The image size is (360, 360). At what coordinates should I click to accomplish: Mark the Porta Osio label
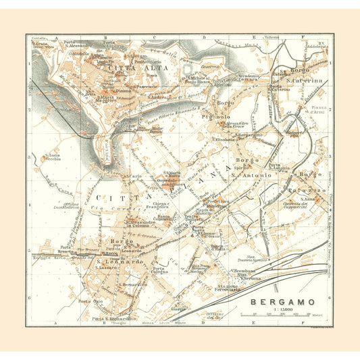coord(84,301)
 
